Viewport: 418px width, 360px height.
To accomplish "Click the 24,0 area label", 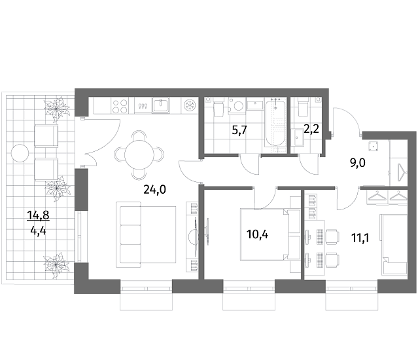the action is coord(154,190).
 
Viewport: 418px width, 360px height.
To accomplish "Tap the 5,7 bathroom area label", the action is coord(240,130).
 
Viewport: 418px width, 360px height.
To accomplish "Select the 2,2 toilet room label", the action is coord(311,130).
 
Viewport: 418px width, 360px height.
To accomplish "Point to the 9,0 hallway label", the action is coord(357,163).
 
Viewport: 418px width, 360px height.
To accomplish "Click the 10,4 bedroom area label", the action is coord(258,234).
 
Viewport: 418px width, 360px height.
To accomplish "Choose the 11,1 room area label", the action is coord(360,238).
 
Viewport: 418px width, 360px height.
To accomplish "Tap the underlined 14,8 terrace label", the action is coord(39,215).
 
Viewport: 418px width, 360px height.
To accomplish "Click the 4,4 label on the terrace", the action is coord(39,230).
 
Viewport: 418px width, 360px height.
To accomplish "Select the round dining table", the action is coord(139,155).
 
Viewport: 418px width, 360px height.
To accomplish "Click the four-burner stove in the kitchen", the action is coord(120,106).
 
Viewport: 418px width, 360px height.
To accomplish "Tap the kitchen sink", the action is coord(161,105).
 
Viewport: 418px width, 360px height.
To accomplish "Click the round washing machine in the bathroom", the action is coord(237,105).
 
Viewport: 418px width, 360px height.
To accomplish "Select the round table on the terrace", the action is coord(20,153).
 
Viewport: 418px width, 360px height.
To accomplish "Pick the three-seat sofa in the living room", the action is coord(146,235).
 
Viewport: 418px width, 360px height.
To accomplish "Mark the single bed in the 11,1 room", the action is coord(394,244).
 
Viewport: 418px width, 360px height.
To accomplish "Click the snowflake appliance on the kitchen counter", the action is coord(190,105).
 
